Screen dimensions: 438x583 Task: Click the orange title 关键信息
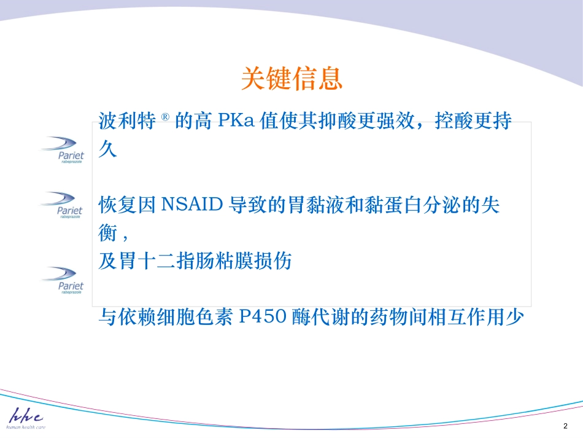tap(291, 79)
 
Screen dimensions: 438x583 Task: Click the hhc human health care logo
tap(26, 418)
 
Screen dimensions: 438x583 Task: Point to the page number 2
tap(565, 426)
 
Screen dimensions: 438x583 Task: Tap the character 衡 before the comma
tap(107, 233)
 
